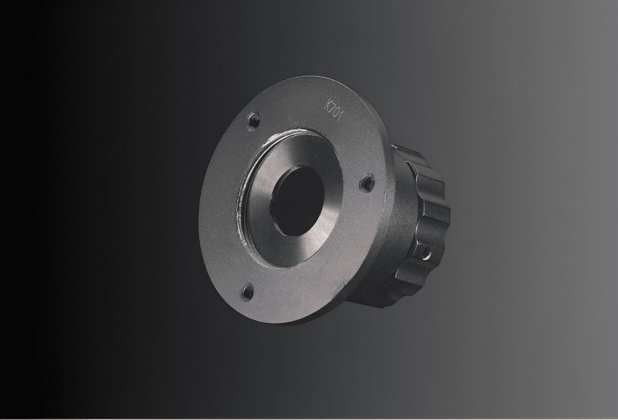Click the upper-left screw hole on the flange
[253, 120]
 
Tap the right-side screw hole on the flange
[368, 183]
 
